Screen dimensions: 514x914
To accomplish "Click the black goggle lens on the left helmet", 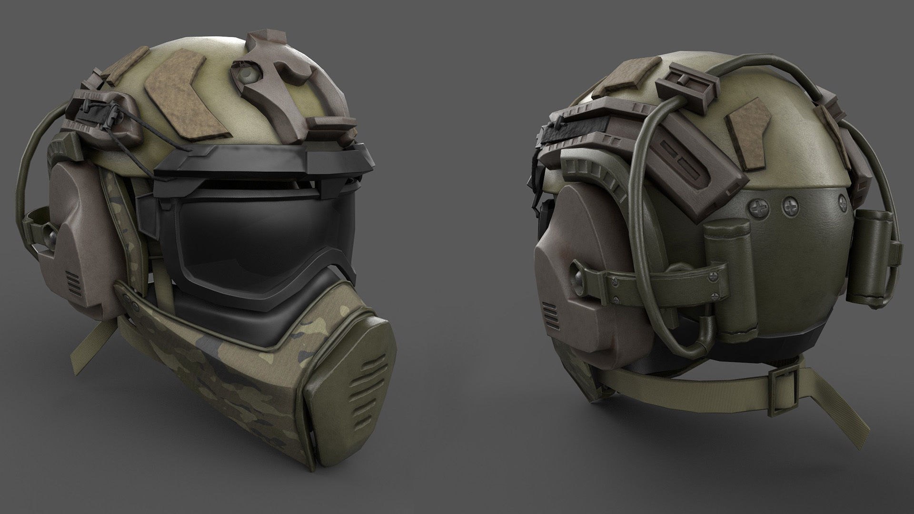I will (257, 233).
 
